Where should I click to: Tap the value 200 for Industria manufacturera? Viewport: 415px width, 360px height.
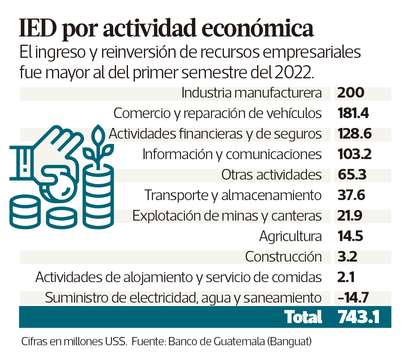[x=351, y=93]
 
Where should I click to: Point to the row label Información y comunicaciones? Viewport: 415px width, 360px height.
[x=232, y=155]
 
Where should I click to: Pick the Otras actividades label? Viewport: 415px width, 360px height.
[x=271, y=175]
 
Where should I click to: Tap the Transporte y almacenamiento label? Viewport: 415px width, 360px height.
[x=233, y=196]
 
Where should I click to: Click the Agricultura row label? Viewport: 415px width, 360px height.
[x=290, y=237]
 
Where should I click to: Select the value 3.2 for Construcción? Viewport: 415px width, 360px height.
[x=347, y=257]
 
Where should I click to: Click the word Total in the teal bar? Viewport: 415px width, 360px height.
[x=303, y=317]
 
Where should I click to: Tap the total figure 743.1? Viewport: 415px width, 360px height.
[x=358, y=317]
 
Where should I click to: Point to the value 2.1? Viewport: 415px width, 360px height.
[x=346, y=278]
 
